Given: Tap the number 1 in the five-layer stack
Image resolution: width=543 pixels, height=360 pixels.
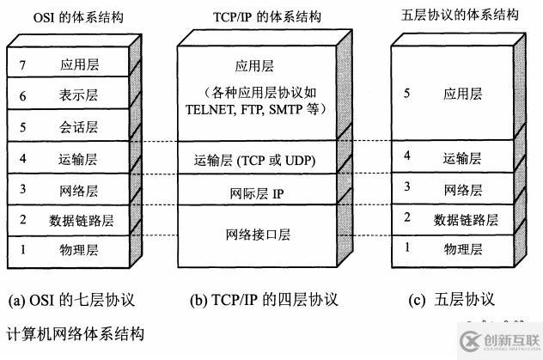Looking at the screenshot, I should [x=407, y=248].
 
